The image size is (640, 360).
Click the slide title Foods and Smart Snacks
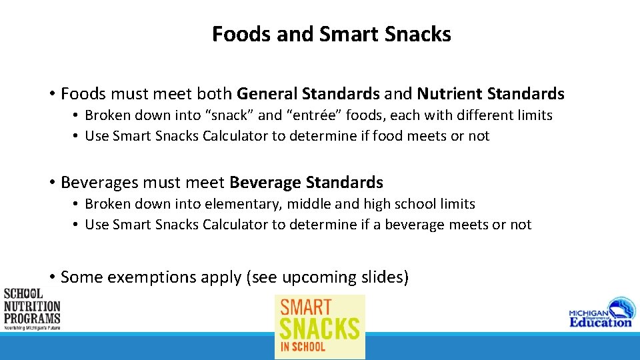click(331, 34)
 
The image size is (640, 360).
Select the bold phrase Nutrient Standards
click(490, 94)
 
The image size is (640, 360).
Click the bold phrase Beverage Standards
click(306, 182)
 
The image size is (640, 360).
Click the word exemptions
click(150, 277)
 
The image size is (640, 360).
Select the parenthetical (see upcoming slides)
click(327, 277)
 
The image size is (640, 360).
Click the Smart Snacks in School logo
click(320, 326)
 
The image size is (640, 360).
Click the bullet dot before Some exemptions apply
click(51, 277)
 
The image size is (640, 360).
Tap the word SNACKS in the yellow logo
click(319, 328)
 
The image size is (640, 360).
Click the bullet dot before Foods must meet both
click(51, 94)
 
